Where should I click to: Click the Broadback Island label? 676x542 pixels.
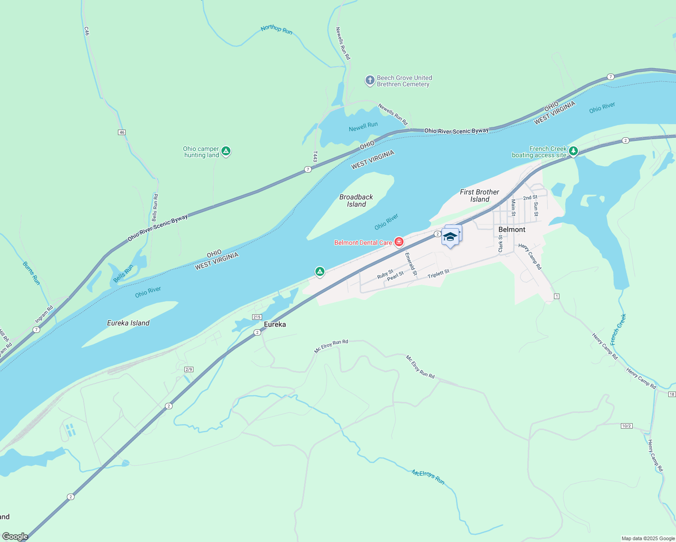356,201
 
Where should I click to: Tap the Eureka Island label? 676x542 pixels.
128,323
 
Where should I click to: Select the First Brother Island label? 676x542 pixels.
479,196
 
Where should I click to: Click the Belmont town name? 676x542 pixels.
512,229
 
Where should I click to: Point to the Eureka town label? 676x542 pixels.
275,324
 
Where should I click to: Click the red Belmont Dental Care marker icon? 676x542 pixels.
399,242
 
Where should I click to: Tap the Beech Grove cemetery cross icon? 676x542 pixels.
370,80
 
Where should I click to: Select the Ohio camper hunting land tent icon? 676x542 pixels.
226,151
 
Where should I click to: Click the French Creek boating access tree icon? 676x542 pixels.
573,151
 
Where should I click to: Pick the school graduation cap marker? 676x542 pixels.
450,237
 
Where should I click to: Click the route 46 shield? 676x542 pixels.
122,132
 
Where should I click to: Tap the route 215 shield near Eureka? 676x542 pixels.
257,317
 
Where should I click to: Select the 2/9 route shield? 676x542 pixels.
189,369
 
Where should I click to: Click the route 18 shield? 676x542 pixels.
671,394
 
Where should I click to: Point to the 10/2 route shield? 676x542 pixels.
626,426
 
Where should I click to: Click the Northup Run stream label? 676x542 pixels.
277,30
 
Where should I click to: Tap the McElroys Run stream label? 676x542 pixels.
428,477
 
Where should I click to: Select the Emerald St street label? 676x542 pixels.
411,264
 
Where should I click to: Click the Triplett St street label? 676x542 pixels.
438,274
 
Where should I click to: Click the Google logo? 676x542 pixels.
15,537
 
